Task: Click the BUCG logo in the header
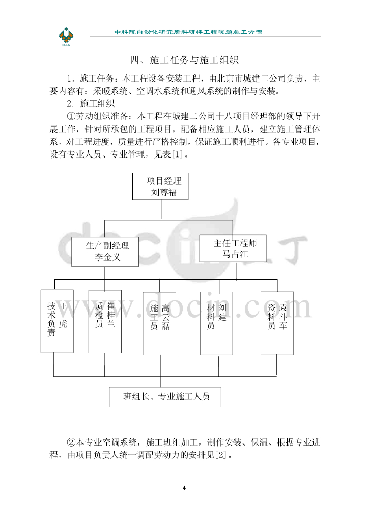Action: (67, 36)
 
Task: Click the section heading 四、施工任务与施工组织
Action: (184, 61)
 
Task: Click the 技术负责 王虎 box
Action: (56, 321)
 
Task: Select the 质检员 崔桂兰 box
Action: (105, 321)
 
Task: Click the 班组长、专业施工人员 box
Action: (166, 396)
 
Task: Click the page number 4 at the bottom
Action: (184, 488)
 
